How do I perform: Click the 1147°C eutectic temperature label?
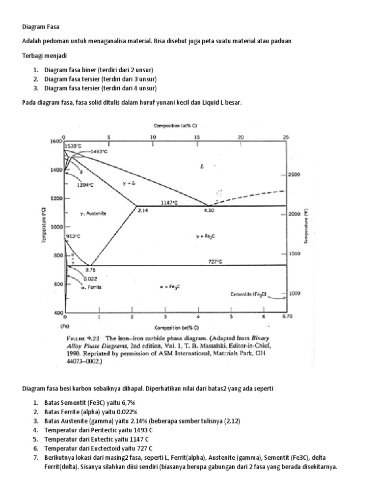(x=170, y=202)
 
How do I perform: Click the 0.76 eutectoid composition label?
(x=90, y=270)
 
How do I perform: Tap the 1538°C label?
(x=72, y=146)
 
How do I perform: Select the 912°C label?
(x=73, y=236)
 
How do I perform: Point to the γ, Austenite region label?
(x=93, y=214)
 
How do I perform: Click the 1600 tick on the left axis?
(x=55, y=141)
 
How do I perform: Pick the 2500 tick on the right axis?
(x=294, y=175)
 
